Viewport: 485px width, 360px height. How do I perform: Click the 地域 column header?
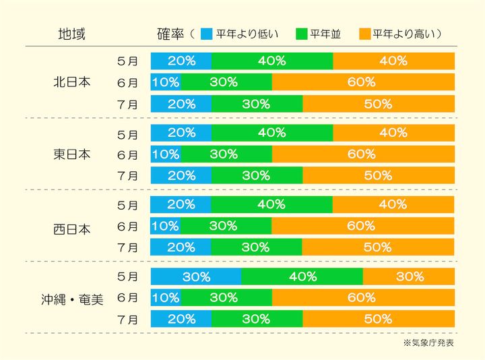(x=71, y=33)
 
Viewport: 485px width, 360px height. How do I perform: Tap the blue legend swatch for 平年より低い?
(x=207, y=33)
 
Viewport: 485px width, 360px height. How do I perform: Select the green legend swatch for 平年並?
(x=300, y=33)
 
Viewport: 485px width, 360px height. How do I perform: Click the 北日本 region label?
(x=71, y=83)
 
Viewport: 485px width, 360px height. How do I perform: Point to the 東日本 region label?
(x=71, y=154)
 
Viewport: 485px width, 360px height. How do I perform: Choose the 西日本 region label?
(x=71, y=226)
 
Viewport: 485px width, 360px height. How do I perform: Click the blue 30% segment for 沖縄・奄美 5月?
(x=196, y=276)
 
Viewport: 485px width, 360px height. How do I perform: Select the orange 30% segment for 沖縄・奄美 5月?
(x=409, y=276)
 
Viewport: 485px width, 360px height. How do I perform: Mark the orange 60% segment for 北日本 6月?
(x=363, y=82)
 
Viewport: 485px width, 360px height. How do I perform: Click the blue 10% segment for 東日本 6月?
(x=166, y=154)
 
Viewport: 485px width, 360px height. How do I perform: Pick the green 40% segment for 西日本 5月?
(x=272, y=204)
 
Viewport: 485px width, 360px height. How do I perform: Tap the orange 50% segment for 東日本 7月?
(x=379, y=175)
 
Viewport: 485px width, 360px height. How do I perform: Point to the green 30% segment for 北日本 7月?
(x=257, y=104)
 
